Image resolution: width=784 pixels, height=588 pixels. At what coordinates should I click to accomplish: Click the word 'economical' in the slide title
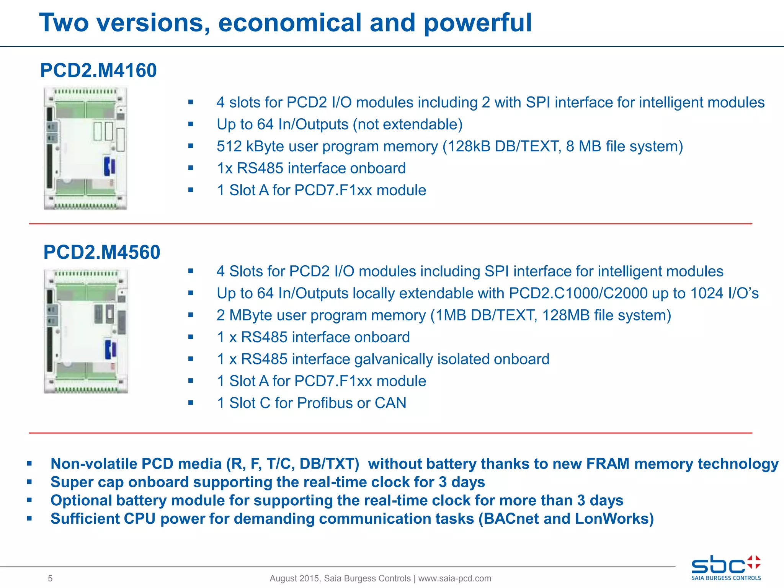(x=289, y=23)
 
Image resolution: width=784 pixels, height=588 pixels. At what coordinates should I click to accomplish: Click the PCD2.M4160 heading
(x=98, y=70)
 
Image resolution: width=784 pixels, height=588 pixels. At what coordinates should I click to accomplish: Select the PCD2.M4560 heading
(x=101, y=252)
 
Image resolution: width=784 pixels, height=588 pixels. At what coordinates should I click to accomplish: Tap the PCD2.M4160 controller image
(x=85, y=148)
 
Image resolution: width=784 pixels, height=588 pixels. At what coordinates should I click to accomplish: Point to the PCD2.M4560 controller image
(x=86, y=330)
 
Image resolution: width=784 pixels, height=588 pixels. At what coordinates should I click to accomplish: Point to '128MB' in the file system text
(x=566, y=315)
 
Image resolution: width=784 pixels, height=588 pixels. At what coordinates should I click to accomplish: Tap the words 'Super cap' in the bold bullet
(x=87, y=482)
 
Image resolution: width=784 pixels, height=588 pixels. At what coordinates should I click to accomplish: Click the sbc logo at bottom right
(x=726, y=567)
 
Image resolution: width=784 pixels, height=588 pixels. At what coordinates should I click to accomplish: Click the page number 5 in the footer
(x=50, y=578)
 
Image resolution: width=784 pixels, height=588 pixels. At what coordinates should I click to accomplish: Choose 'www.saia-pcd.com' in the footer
(x=454, y=578)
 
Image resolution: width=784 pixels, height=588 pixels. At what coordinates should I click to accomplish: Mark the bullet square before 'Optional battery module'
(x=29, y=500)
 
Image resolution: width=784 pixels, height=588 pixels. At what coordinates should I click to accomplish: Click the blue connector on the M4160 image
(x=109, y=166)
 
